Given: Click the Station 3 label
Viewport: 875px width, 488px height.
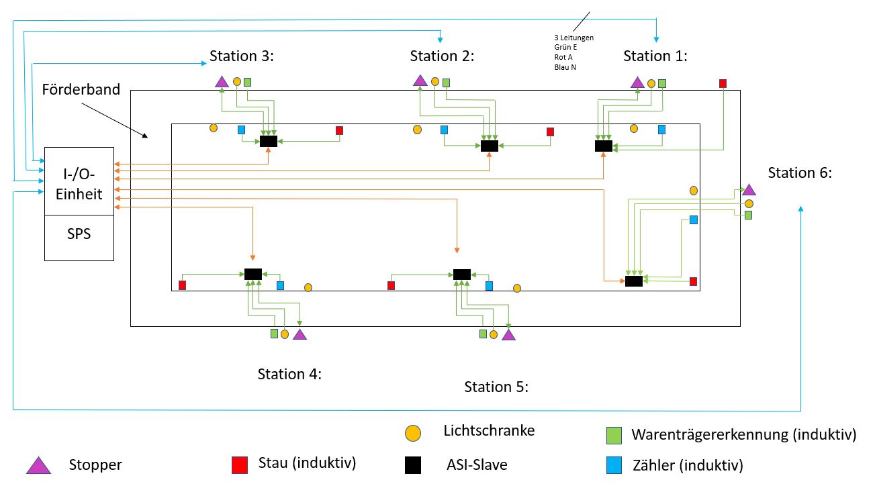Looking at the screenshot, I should (241, 56).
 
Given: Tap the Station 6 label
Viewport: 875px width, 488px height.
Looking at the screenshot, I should (800, 173).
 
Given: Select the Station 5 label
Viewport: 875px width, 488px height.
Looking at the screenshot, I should (496, 387).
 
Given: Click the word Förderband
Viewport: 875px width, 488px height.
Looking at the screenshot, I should (81, 90).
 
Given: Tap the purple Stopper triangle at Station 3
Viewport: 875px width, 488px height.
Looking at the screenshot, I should (222, 82).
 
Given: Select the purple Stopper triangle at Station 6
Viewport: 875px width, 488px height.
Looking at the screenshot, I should (749, 190).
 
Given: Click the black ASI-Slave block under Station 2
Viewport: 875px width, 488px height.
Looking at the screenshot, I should (490, 146).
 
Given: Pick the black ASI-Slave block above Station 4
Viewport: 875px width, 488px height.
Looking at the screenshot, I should (253, 274).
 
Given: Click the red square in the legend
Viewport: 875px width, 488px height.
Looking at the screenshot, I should (240, 465).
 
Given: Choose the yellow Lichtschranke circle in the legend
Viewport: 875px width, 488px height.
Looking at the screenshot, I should (413, 433).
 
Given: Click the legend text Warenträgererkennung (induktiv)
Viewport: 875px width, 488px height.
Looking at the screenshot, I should (743, 434).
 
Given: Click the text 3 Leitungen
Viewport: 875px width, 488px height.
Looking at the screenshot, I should (573, 38).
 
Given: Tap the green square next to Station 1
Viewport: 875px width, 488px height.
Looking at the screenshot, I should (662, 83).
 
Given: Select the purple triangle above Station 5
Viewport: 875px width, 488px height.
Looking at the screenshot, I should (508, 334).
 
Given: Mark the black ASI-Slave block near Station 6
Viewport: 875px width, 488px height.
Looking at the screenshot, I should (633, 281).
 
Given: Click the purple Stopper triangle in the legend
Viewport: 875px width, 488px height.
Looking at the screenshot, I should (38, 465).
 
